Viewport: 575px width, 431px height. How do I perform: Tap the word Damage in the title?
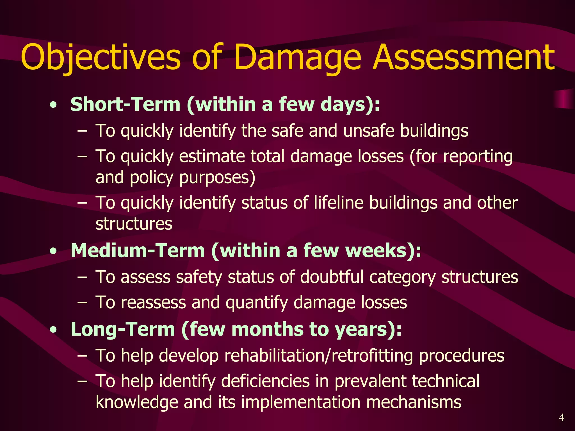(298, 58)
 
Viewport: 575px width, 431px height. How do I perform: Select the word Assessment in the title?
(463, 58)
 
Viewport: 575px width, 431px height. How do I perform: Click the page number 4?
(561, 418)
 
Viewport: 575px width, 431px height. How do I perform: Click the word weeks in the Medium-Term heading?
(376, 250)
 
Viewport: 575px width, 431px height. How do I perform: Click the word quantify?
(257, 302)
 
